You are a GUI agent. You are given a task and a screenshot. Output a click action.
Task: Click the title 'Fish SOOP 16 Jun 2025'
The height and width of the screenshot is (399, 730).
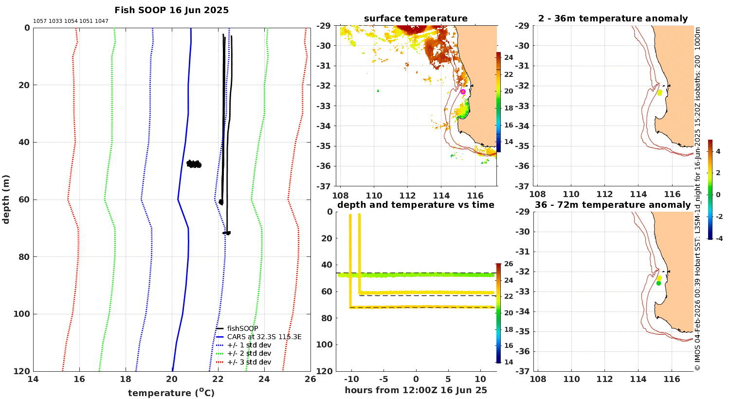(x=171, y=10)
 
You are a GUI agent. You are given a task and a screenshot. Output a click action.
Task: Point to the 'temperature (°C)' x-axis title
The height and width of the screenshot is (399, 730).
(x=171, y=393)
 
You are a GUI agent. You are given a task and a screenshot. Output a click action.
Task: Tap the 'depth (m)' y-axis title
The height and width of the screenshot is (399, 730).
(x=5, y=199)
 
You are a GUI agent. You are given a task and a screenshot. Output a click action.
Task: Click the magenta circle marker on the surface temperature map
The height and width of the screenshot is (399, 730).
(x=463, y=92)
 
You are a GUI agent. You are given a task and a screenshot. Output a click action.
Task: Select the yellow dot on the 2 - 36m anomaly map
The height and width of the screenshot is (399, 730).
(x=660, y=92)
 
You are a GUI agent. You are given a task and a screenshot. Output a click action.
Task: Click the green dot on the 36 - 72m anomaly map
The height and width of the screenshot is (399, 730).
(x=658, y=283)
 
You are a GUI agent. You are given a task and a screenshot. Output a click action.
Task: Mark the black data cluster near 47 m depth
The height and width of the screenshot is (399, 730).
(x=194, y=164)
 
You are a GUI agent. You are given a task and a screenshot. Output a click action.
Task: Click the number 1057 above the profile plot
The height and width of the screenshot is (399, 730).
(x=40, y=21)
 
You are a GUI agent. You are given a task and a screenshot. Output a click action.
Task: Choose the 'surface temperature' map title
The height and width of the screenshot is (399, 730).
(x=416, y=18)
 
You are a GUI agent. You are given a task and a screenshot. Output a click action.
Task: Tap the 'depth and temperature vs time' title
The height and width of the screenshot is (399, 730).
(x=416, y=205)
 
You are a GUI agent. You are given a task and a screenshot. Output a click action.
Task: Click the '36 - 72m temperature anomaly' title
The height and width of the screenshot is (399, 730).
(x=613, y=205)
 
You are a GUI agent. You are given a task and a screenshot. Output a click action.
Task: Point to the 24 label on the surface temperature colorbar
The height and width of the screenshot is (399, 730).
(x=509, y=57)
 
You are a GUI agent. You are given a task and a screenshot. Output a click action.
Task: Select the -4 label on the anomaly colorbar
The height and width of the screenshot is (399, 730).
(x=718, y=238)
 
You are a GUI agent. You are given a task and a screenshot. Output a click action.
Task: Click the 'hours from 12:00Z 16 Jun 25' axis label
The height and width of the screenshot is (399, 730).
(x=416, y=390)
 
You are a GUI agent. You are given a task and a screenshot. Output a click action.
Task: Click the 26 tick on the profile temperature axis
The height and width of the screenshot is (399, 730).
(x=310, y=379)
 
